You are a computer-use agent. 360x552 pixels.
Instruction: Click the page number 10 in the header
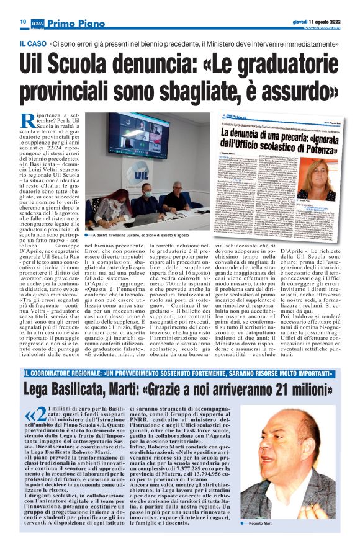pos(22,21)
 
